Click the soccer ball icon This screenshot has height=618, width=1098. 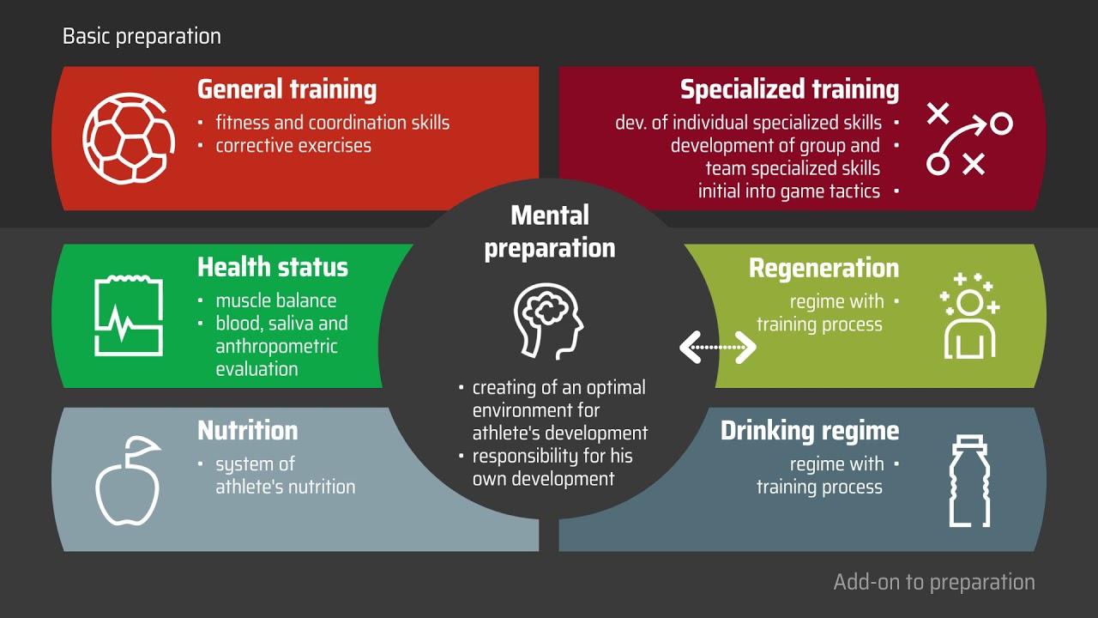coord(129,139)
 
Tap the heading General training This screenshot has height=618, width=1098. coord(287,90)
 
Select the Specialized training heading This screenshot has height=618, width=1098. coord(789,90)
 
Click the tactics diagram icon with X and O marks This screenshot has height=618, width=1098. coord(969,139)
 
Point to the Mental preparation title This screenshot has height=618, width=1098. coord(550,232)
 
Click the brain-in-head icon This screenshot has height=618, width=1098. coord(548,321)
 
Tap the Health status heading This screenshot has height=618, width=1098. coord(273,267)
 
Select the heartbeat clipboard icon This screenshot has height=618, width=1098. coord(129,315)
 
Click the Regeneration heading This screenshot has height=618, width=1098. coord(824,269)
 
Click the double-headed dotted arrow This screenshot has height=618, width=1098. coord(718,348)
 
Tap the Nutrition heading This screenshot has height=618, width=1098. coord(248,431)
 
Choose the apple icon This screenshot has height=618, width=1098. coord(129,481)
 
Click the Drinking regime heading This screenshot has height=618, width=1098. coord(810,431)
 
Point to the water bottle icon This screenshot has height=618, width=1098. coord(969,481)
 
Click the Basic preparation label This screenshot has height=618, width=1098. coord(142,36)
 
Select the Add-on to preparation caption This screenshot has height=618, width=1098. coord(934,582)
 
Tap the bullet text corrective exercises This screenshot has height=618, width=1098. coord(293,146)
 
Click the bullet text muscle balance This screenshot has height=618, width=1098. coord(276,300)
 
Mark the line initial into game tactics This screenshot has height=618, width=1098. coord(788,191)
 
